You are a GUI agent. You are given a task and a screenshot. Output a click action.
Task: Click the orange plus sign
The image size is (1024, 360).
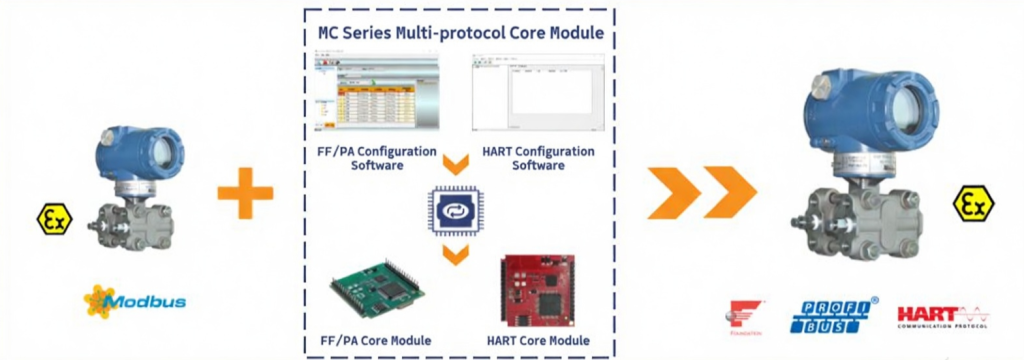(x=245, y=192)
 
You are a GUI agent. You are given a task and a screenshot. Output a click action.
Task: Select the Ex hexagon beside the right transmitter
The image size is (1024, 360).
(x=971, y=205)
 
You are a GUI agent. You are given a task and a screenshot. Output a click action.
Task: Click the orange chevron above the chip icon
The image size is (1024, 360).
(x=456, y=164)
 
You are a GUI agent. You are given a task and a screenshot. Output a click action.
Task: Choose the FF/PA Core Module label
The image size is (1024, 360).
(x=381, y=340)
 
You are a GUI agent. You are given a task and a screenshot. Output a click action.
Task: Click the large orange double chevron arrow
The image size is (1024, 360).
(x=701, y=193)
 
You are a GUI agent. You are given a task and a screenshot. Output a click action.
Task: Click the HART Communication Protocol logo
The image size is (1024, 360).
(x=943, y=316)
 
